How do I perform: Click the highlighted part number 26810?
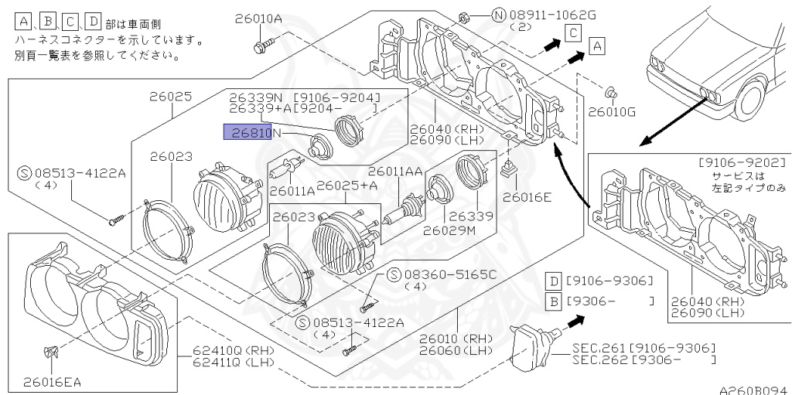[x=251, y=133]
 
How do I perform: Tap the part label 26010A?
[x=258, y=19]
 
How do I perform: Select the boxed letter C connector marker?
[x=573, y=33]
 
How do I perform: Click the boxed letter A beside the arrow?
[x=596, y=46]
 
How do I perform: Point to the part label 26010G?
[x=612, y=111]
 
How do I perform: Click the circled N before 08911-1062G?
[x=499, y=15]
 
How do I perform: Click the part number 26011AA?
[x=395, y=172]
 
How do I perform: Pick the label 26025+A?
[x=346, y=185]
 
